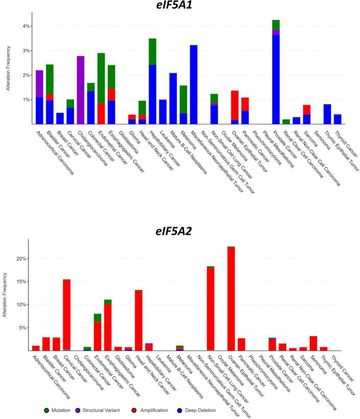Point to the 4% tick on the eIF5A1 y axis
pos(26,26)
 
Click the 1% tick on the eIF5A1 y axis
pos(26,100)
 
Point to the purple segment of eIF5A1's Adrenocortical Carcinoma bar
pos(39,84)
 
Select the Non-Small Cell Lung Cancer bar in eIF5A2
pos(210,309)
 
